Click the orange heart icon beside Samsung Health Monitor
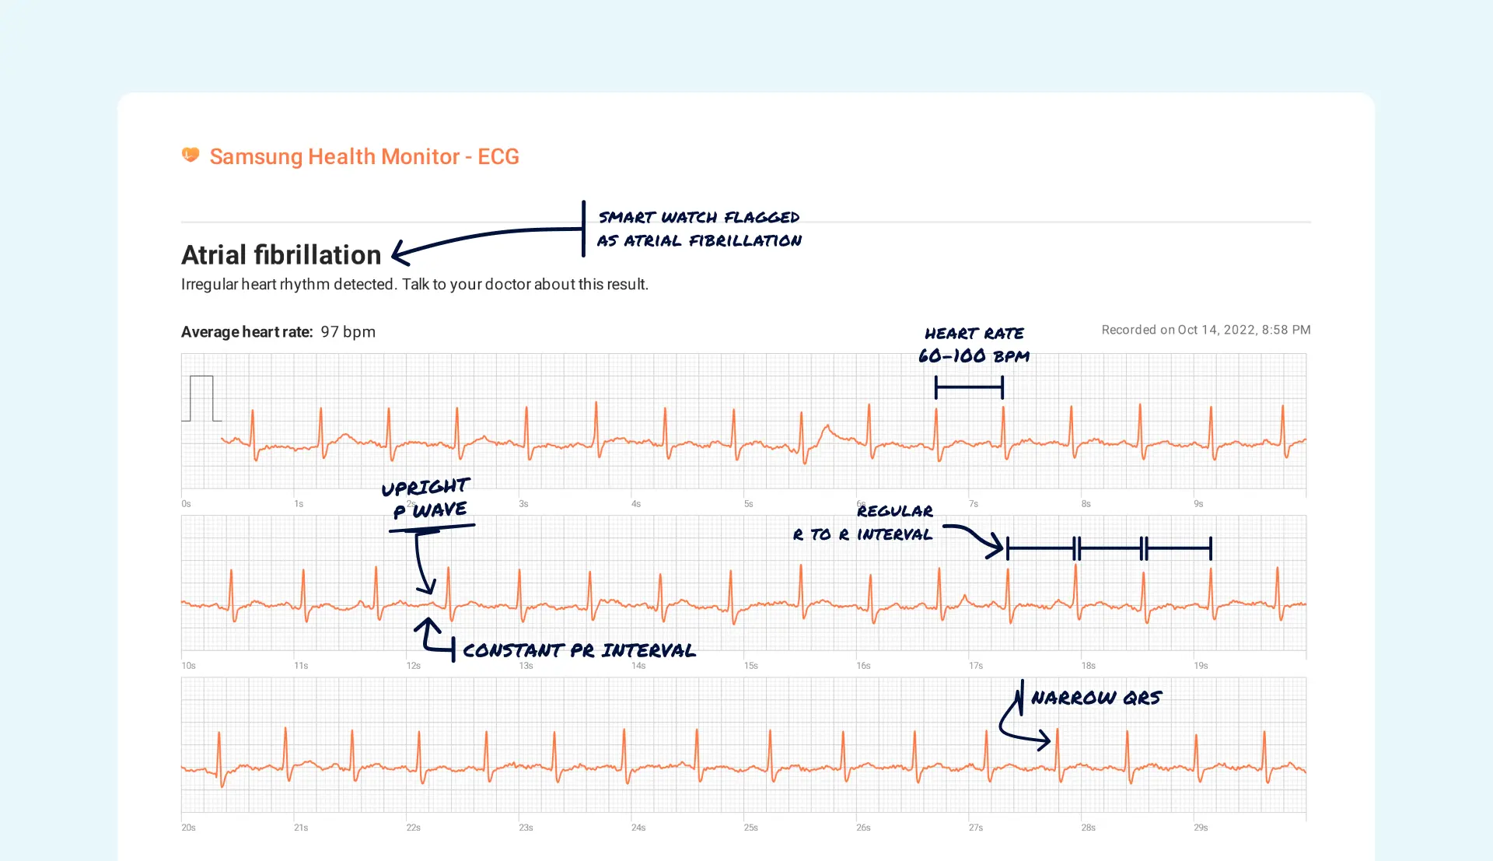point(191,156)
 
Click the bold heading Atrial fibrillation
point(281,255)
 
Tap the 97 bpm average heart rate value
point(348,332)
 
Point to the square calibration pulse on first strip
point(201,398)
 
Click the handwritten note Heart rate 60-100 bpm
point(974,345)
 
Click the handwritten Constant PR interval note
point(579,650)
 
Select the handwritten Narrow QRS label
point(1096,698)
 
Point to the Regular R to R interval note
point(863,523)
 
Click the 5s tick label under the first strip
point(748,504)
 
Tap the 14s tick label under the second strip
point(638,666)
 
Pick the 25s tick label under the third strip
point(750,828)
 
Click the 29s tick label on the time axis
point(1201,828)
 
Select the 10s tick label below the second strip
point(188,666)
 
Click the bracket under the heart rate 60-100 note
point(969,387)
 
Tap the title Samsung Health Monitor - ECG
point(364,156)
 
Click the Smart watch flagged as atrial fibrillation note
point(699,229)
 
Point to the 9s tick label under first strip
point(1198,504)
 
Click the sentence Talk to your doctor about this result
point(525,285)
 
